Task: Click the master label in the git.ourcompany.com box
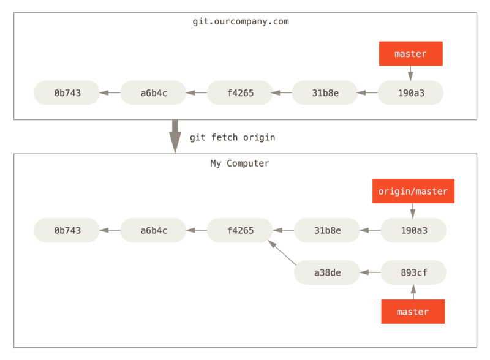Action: pos(410,54)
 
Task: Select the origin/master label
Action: pos(413,191)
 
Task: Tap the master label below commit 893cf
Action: pos(413,312)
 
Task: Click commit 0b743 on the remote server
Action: pos(67,93)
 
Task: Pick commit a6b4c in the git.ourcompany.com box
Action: pos(153,93)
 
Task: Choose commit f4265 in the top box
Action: pos(239,93)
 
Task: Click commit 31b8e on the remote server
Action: pos(325,93)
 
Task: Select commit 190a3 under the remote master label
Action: pos(410,93)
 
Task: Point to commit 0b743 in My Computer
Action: pos(67,230)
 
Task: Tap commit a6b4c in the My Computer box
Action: pos(153,230)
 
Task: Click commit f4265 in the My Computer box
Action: pos(239,230)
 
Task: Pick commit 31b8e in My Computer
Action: pos(327,230)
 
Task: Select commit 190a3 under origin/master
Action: pos(413,230)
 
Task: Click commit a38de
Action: pos(327,272)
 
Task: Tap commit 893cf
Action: pos(413,272)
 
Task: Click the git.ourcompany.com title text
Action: pos(241,22)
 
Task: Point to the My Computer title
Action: pos(239,163)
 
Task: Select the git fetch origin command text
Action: pos(232,137)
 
